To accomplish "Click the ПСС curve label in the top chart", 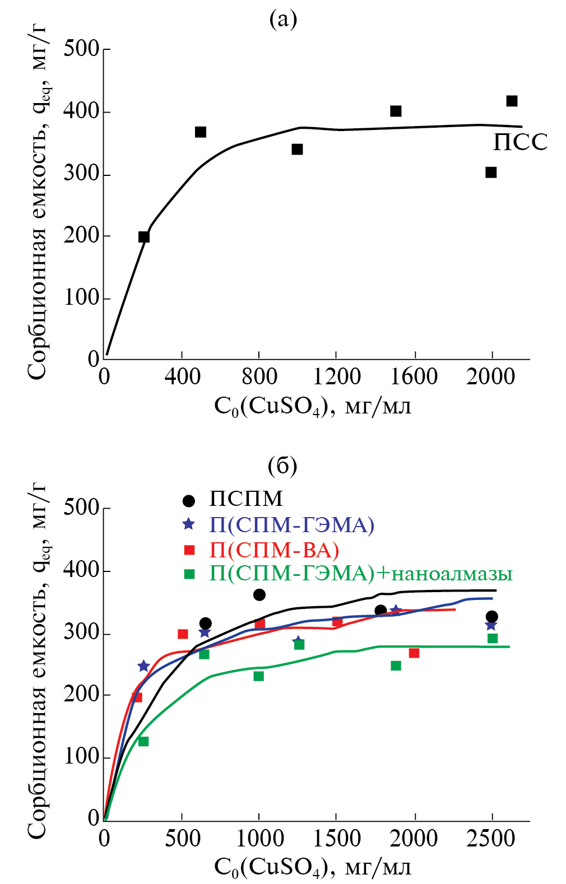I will pyautogui.click(x=519, y=142).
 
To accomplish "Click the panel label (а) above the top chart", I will pyautogui.click(x=283, y=20).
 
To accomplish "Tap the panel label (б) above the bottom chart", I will pyautogui.click(x=282, y=465).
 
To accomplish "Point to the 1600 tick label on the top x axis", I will pyautogui.click(x=414, y=376).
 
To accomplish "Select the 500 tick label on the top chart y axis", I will pyautogui.click(x=81, y=49).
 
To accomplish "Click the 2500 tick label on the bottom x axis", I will pyautogui.click(x=491, y=839).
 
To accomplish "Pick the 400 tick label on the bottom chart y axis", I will pyautogui.click(x=81, y=570).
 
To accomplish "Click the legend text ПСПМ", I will pyautogui.click(x=246, y=499).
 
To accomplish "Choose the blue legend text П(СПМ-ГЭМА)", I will pyautogui.click(x=291, y=524).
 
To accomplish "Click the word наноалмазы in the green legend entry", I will pyautogui.click(x=451, y=574).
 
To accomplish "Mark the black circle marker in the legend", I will pyautogui.click(x=189, y=500).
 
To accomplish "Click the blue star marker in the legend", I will pyautogui.click(x=189, y=524).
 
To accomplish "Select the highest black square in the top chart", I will pyautogui.click(x=512, y=101).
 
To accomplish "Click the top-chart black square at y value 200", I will pyautogui.click(x=144, y=237).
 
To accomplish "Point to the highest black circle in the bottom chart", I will pyautogui.click(x=259, y=594).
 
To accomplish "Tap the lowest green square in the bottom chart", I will pyautogui.click(x=143, y=741).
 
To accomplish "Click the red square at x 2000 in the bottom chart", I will pyautogui.click(x=414, y=653).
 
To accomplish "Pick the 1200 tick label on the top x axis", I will pyautogui.click(x=336, y=376).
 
